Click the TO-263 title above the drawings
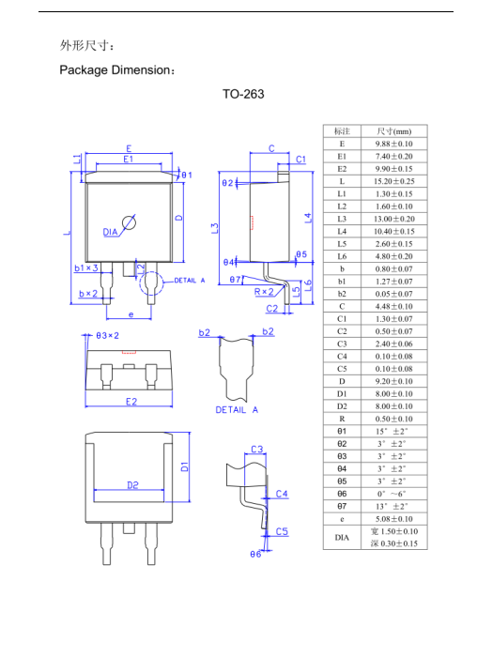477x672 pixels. (243, 94)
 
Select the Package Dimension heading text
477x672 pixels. (115, 70)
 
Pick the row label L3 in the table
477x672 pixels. (342, 218)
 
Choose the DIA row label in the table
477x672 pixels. (342, 537)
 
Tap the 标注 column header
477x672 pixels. (342, 131)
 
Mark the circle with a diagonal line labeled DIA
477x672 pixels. (130, 222)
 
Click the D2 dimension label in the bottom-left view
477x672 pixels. (132, 484)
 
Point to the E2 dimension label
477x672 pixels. (131, 402)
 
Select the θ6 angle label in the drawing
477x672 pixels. (254, 555)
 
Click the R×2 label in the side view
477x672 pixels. (264, 292)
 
